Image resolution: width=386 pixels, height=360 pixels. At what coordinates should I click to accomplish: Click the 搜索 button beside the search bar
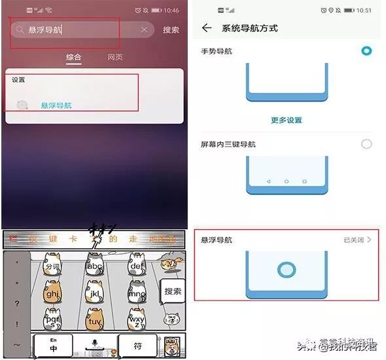pyautogui.click(x=171, y=30)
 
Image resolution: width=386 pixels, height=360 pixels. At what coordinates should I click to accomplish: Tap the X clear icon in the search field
pyautogui.click(x=144, y=30)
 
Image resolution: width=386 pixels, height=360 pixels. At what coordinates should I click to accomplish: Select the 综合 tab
pyautogui.click(x=74, y=58)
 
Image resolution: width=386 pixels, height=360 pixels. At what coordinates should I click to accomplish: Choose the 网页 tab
pyautogui.click(x=115, y=58)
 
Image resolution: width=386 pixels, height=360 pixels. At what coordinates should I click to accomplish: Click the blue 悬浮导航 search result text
pyautogui.click(x=56, y=105)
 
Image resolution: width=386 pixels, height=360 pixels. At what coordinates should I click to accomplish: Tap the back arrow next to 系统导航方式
pyautogui.click(x=207, y=28)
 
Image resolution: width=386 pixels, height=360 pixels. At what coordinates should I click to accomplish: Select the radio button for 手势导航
pyautogui.click(x=366, y=51)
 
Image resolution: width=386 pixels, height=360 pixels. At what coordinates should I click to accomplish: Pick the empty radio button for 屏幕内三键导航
pyautogui.click(x=366, y=144)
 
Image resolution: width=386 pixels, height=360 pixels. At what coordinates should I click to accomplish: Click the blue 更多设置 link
pyautogui.click(x=287, y=120)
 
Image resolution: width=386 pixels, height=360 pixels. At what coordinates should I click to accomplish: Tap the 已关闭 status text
pyautogui.click(x=356, y=240)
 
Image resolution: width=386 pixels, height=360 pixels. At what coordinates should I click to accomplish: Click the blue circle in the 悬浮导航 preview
pyautogui.click(x=287, y=270)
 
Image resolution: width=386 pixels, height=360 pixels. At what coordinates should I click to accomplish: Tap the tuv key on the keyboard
pyautogui.click(x=95, y=322)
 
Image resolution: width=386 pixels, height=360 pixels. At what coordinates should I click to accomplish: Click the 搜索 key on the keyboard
pyautogui.click(x=173, y=291)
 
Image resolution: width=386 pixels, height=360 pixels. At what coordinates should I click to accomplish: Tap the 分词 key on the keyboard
pyautogui.click(x=52, y=266)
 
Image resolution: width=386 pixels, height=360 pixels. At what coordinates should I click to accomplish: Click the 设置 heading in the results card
pyautogui.click(x=18, y=80)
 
